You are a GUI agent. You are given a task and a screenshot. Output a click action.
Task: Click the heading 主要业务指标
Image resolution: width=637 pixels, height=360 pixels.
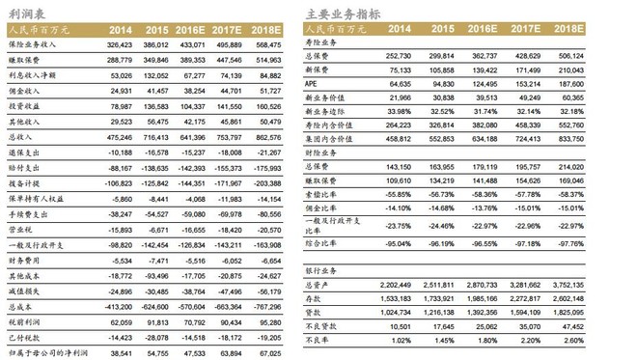tap(342, 13)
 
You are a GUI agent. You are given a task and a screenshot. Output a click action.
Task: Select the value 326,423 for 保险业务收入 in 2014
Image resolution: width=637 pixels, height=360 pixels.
tap(130, 44)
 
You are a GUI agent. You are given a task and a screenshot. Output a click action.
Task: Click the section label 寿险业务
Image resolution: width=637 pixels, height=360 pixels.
tap(324, 44)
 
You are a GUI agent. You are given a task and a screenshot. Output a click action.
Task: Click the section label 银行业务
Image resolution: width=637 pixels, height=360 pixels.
tap(324, 274)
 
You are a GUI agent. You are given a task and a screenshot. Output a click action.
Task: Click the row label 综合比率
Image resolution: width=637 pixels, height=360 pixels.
tap(324, 244)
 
